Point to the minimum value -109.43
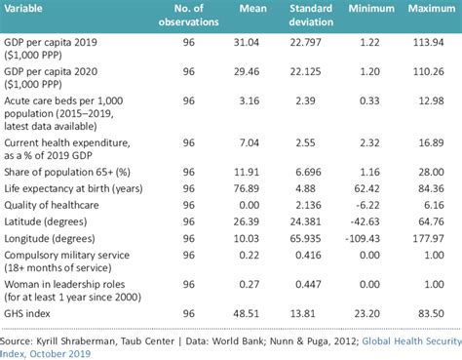coord(362,236)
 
